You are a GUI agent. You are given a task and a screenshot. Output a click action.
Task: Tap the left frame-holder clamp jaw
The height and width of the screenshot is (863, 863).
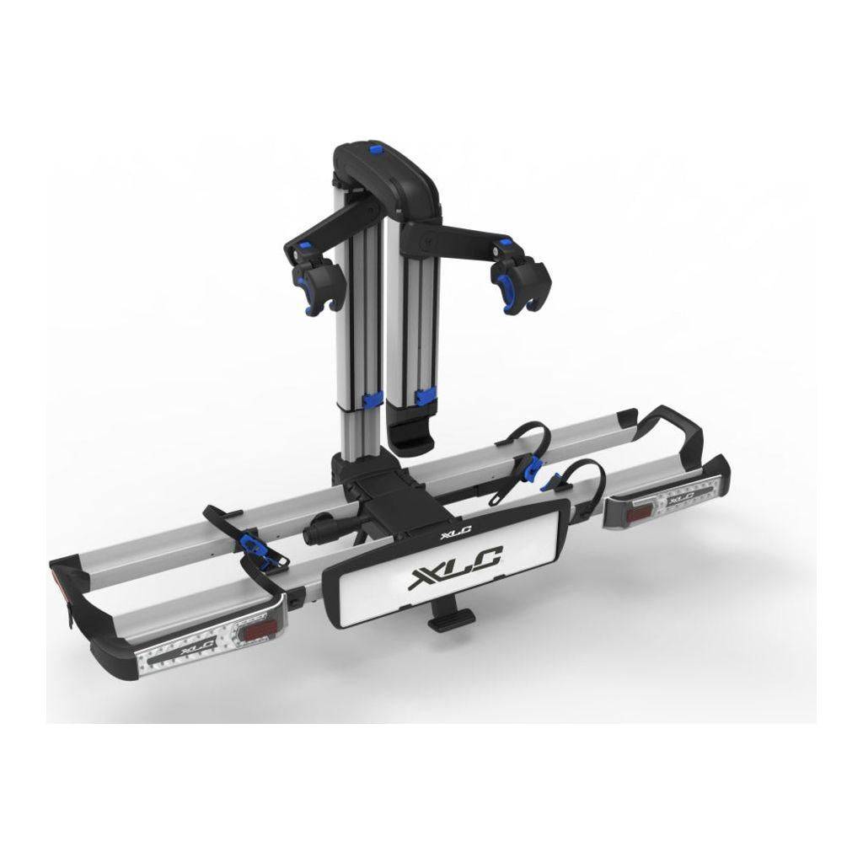point(315,284)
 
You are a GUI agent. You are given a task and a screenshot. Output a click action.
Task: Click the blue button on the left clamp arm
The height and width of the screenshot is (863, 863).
point(303,245)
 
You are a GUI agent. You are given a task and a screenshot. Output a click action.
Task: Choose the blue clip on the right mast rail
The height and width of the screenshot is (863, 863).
point(426,395)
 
